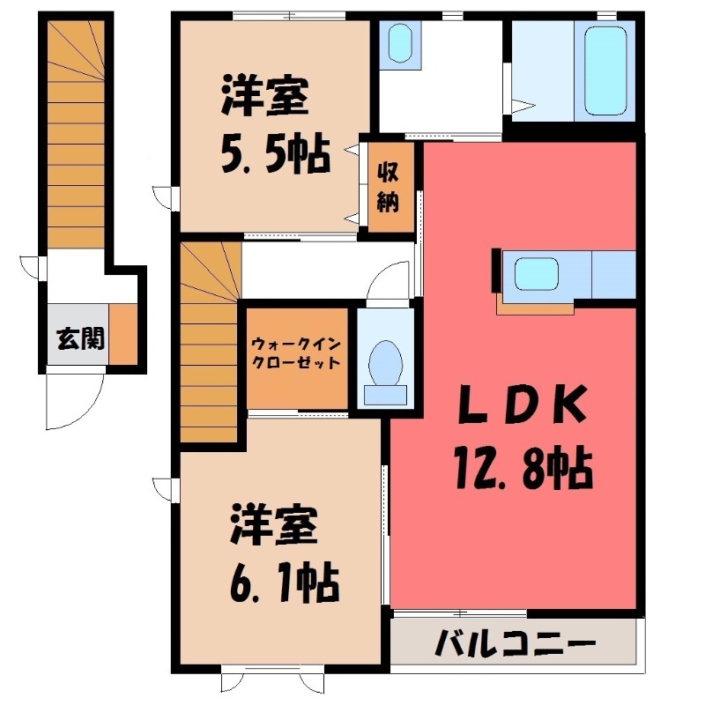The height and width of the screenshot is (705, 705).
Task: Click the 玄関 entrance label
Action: pyautogui.click(x=77, y=338)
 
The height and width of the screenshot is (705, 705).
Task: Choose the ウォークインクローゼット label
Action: pyautogui.click(x=295, y=352)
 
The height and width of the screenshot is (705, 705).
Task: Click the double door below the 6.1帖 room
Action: pyautogui.click(x=270, y=681)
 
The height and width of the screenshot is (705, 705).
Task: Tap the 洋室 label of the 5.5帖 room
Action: pyautogui.click(x=264, y=96)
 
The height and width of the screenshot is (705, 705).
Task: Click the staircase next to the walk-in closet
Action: pyautogui.click(x=210, y=344)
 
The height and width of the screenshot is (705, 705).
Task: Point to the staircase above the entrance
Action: pyautogui.click(x=76, y=132)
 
